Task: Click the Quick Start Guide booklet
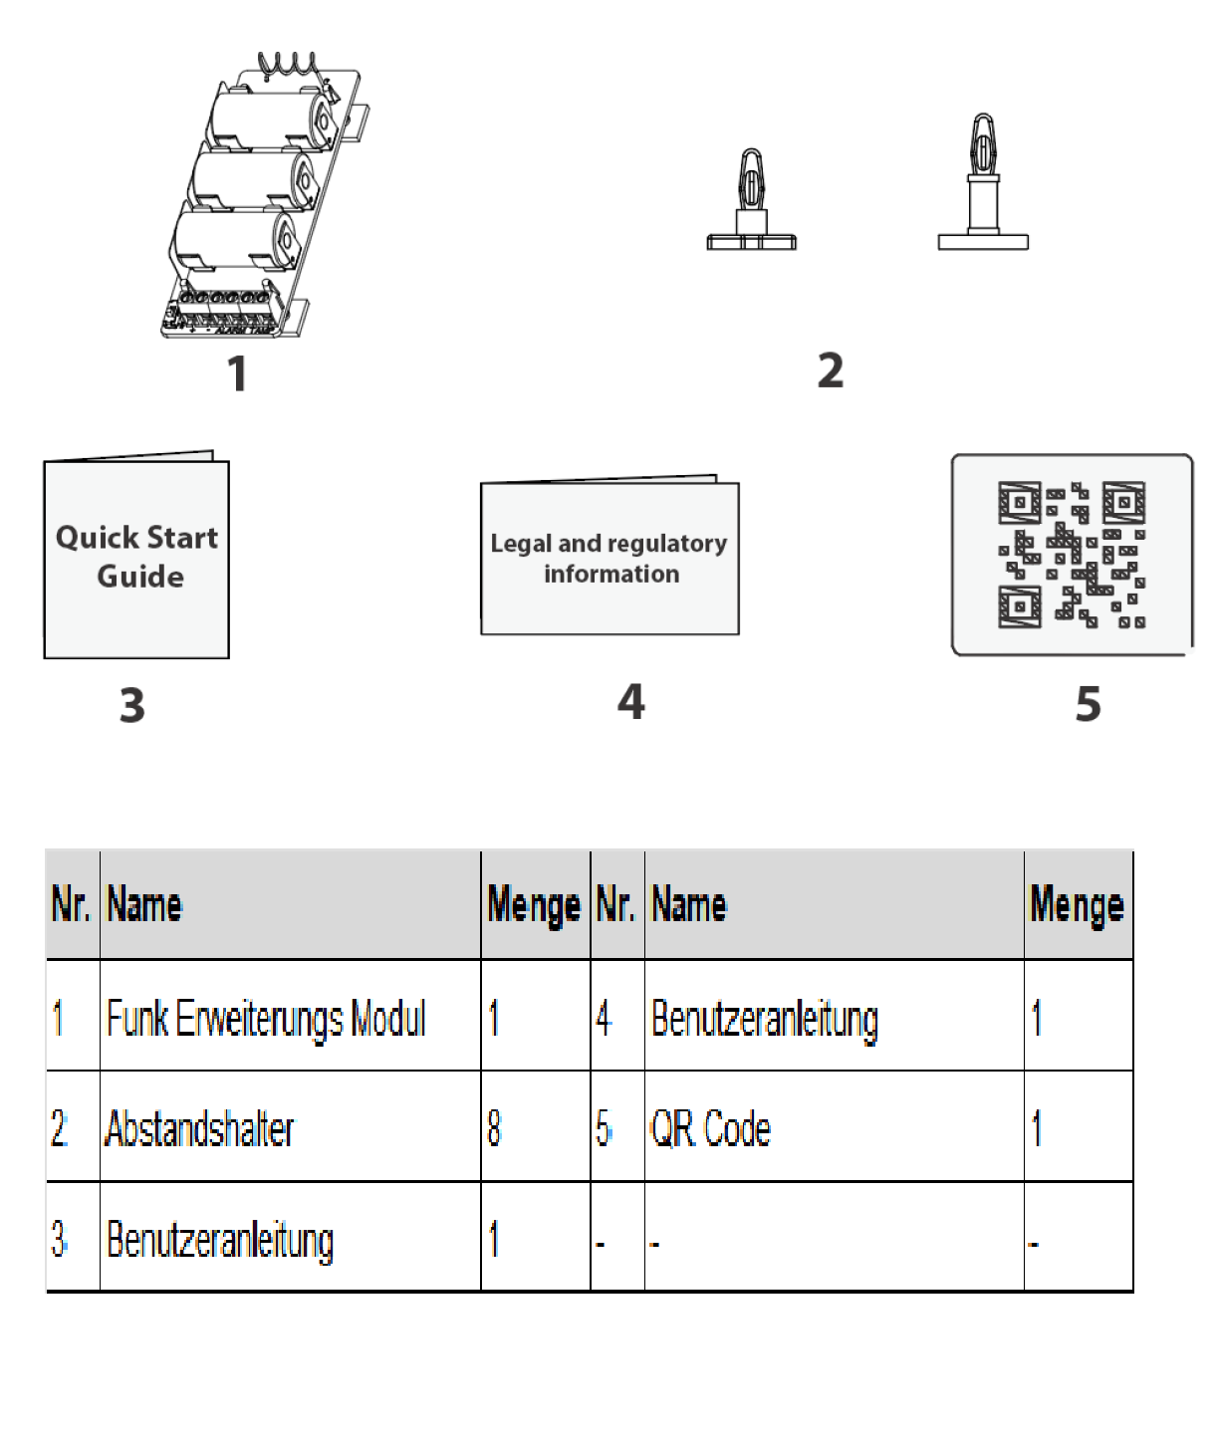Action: pyautogui.click(x=136, y=558)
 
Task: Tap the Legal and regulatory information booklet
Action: pyautogui.click(x=609, y=559)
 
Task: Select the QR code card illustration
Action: pyautogui.click(x=1072, y=555)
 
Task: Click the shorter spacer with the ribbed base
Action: pyautogui.click(x=752, y=203)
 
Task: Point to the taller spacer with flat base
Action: pyautogui.click(x=983, y=185)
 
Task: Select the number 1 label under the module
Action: pyautogui.click(x=236, y=374)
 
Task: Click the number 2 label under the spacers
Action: pyautogui.click(x=831, y=370)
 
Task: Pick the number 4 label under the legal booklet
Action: pyautogui.click(x=630, y=702)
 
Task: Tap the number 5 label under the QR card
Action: pyautogui.click(x=1088, y=704)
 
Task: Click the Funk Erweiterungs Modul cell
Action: pyautogui.click(x=267, y=1018)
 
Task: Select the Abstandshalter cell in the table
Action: pyautogui.click(x=200, y=1128)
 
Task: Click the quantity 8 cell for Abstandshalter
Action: pyautogui.click(x=495, y=1128)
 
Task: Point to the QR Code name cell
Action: pyautogui.click(x=710, y=1128)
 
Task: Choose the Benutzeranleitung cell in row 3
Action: pyautogui.click(x=220, y=1240)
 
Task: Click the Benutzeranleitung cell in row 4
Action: pyautogui.click(x=765, y=1019)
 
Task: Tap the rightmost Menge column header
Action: pyautogui.click(x=1078, y=905)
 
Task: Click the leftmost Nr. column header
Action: pyautogui.click(x=71, y=905)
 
